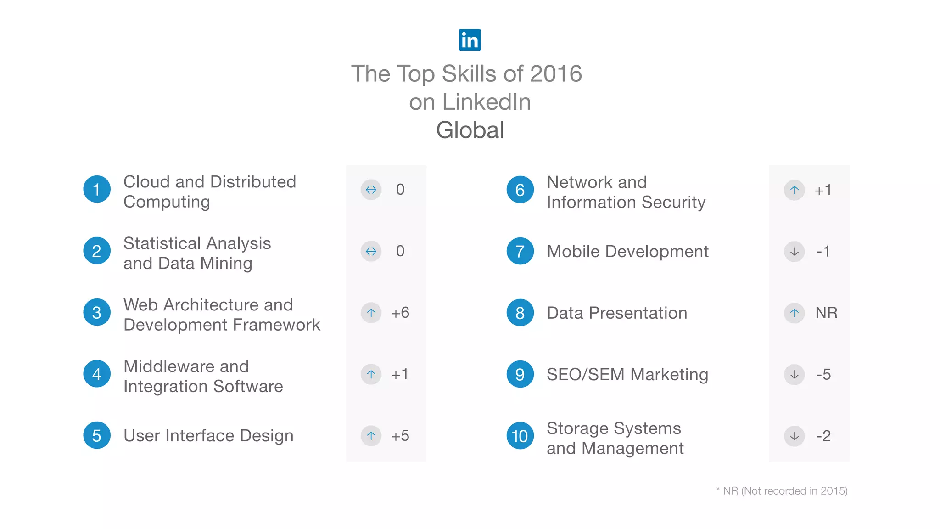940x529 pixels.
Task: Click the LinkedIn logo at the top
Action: pos(470,40)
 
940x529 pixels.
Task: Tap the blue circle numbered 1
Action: pos(97,189)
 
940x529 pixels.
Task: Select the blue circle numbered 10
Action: pos(520,436)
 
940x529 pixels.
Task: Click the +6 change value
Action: pos(400,313)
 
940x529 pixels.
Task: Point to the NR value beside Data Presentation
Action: pos(826,313)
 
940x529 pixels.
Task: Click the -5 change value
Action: pos(823,374)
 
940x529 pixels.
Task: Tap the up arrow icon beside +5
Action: pos(371,436)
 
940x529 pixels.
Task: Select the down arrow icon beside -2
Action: pos(794,436)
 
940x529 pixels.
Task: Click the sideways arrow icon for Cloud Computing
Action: pos(371,190)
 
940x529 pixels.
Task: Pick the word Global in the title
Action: pos(470,130)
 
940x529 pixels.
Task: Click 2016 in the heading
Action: pos(556,74)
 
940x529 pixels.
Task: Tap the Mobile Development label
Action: pos(627,251)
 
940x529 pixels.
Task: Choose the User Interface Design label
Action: pos(208,435)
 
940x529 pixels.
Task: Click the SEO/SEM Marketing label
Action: pos(627,374)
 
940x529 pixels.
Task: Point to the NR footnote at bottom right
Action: pos(782,491)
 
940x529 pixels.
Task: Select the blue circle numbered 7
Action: pos(520,251)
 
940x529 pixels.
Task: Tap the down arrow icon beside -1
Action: pos(794,251)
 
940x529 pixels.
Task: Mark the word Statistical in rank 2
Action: pos(162,243)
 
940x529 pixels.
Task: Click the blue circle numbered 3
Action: pos(97,313)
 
